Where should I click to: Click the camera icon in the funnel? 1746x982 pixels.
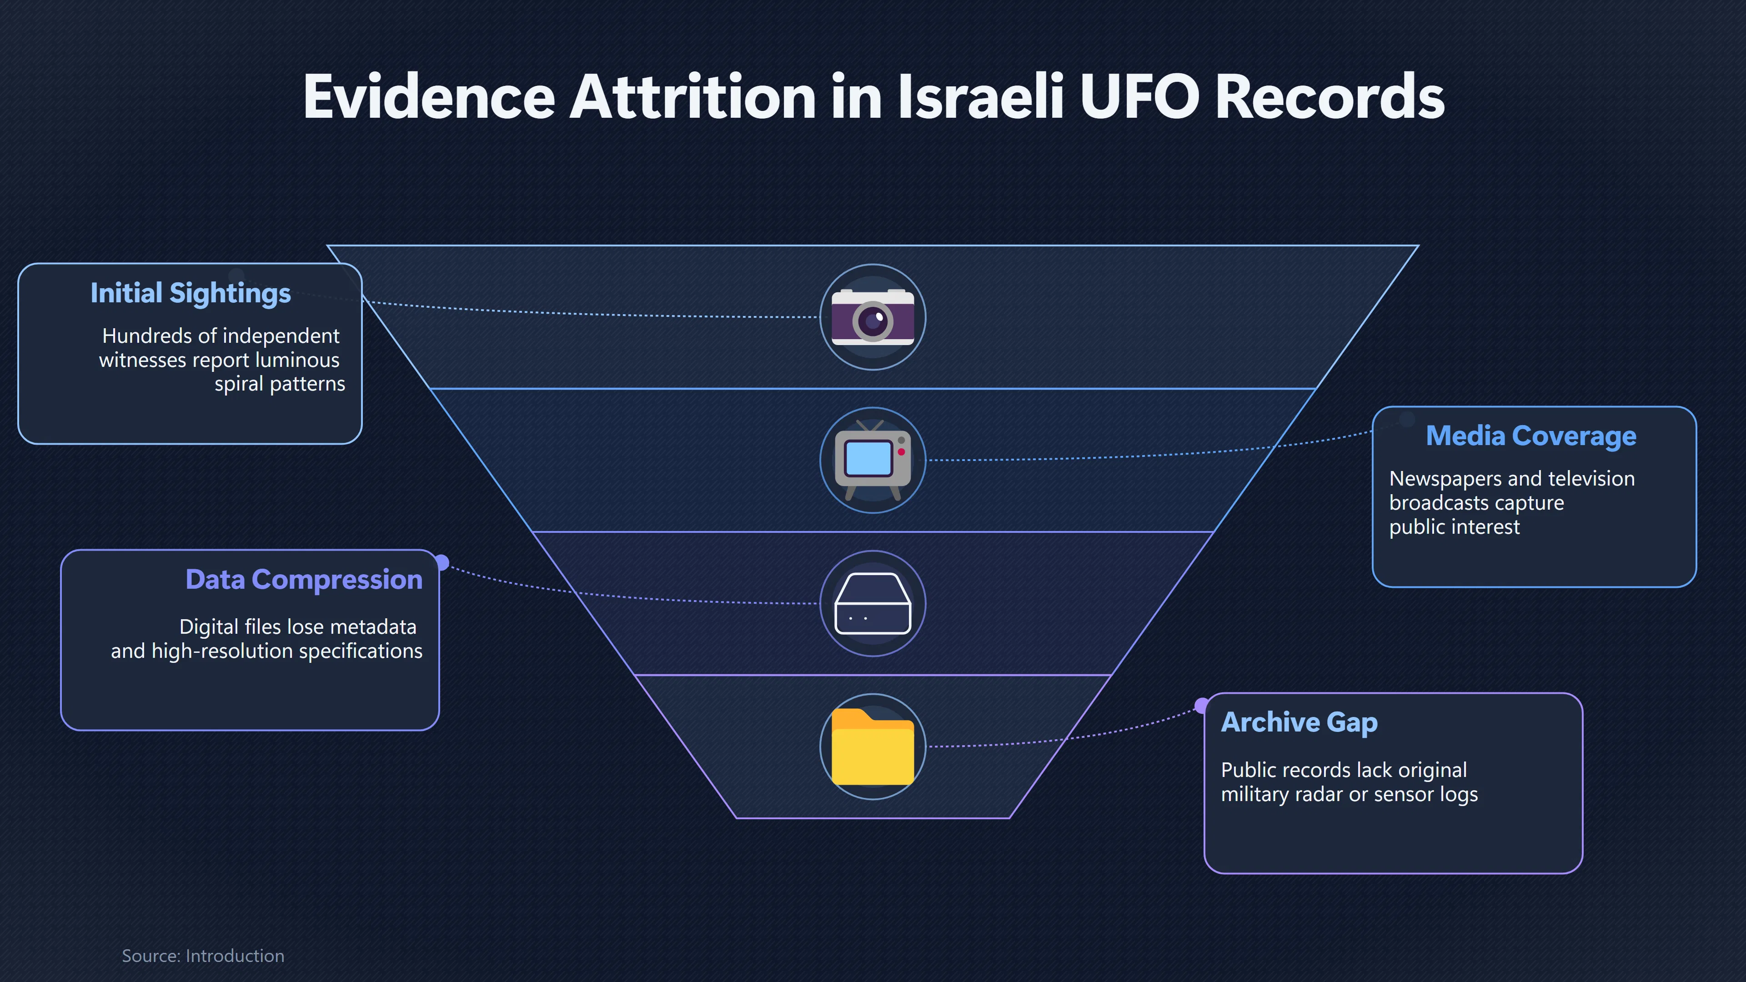(873, 317)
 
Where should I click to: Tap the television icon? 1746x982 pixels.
(873, 460)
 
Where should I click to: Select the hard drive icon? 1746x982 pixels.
(873, 603)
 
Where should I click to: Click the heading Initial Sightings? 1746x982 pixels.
(191, 293)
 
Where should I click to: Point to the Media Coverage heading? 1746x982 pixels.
(1531, 436)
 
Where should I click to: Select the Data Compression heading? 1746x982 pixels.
(304, 580)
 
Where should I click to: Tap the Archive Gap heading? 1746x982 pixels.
(1299, 722)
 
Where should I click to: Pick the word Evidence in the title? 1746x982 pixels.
(429, 96)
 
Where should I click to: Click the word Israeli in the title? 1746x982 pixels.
(981, 96)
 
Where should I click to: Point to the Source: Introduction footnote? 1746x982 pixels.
(203, 956)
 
